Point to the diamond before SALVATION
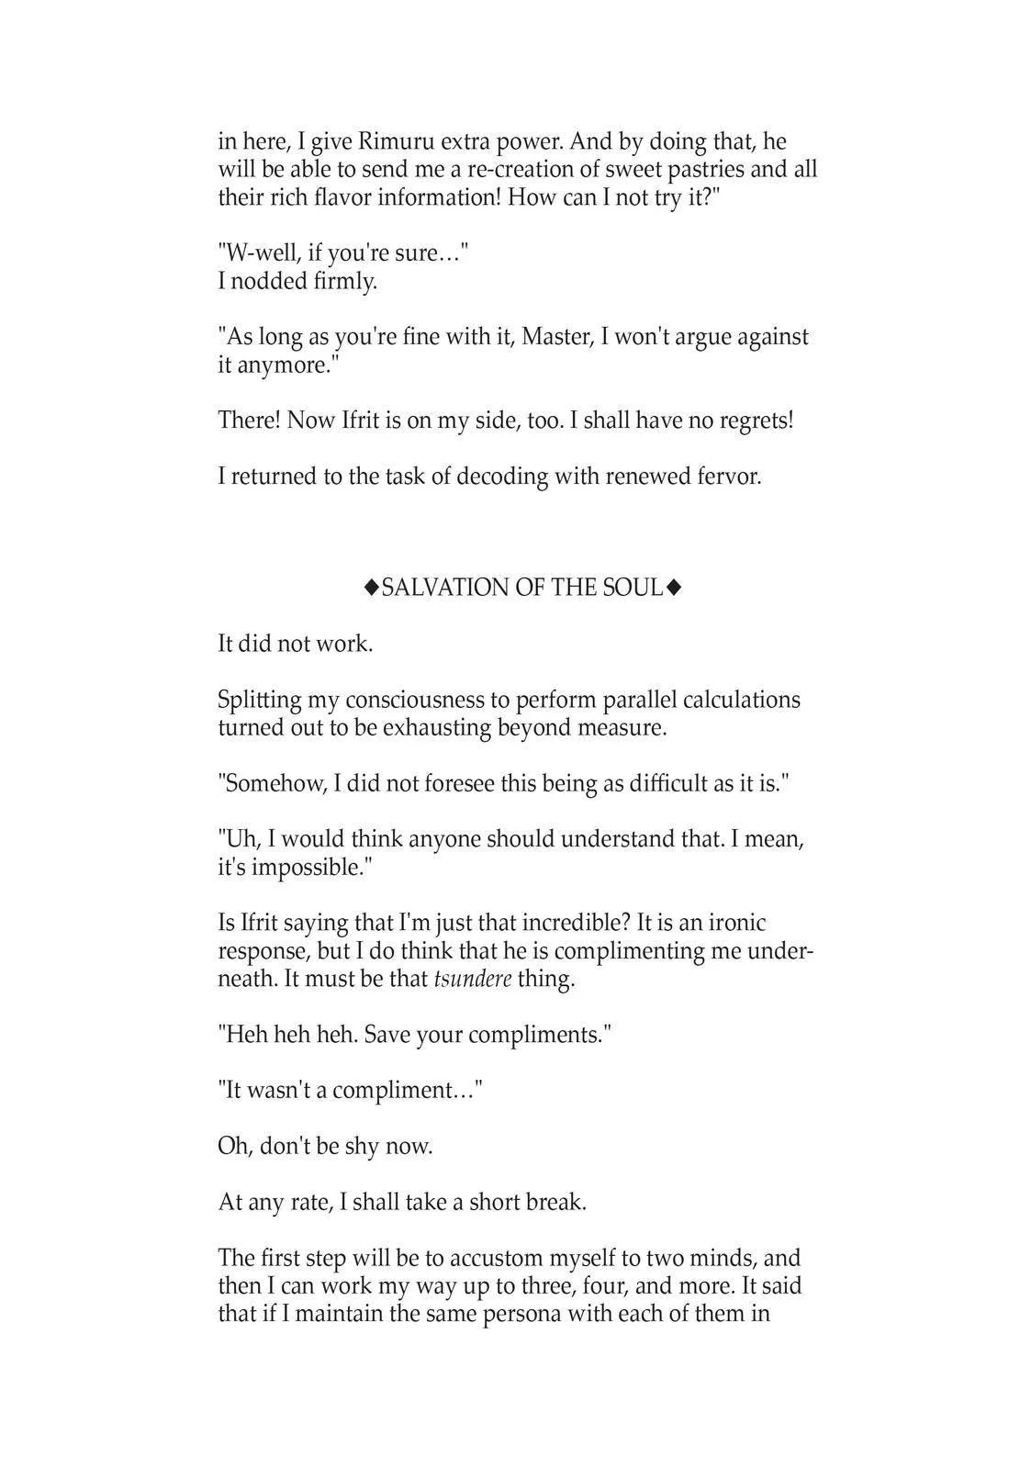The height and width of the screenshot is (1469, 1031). pyautogui.click(x=372, y=588)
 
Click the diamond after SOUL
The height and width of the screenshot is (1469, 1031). pyautogui.click(x=674, y=588)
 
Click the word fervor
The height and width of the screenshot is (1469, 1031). pyautogui.click(x=731, y=477)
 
